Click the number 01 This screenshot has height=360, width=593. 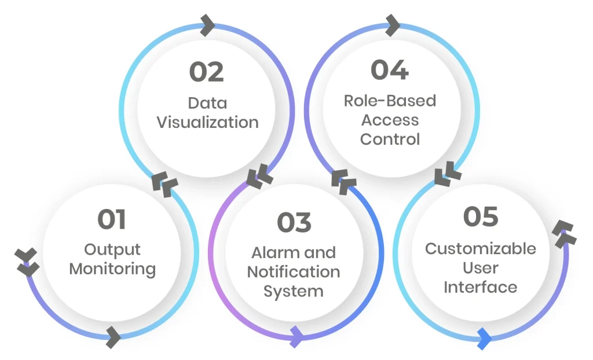pos(112,220)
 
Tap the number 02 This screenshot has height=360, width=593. pos(206,72)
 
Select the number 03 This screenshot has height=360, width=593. pos(294,223)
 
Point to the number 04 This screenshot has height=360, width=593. pos(390,70)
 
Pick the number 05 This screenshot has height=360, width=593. pos(481,217)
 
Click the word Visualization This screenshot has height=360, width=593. pos(207,123)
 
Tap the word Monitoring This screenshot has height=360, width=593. pos(112,269)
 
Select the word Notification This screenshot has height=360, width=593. pos(294,271)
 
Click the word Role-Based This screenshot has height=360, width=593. pos(390,101)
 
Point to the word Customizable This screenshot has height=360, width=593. pos(481,249)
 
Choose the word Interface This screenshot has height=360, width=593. pos(481,287)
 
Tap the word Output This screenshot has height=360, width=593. pos(112,249)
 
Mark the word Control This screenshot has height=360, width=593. pos(390,139)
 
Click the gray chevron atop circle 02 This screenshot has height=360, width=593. pos(208,25)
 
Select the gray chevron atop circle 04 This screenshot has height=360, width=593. pos(392,25)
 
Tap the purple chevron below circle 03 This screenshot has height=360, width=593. pos(296,336)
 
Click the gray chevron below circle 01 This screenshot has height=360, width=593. pos(114,336)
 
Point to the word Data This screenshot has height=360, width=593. pos(207,104)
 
